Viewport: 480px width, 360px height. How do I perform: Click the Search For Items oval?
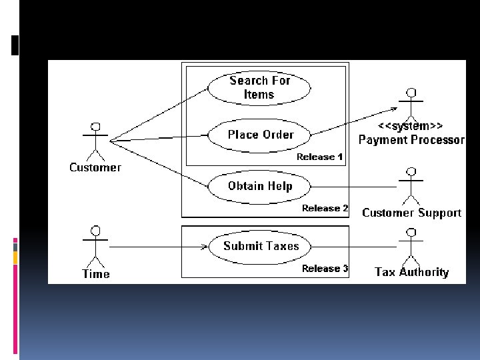tap(259, 87)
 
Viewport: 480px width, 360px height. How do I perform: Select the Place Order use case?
tap(260, 135)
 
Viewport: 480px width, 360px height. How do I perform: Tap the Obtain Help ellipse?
tap(260, 186)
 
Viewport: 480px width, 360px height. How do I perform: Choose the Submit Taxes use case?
tap(261, 246)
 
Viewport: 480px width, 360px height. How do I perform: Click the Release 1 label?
tap(320, 157)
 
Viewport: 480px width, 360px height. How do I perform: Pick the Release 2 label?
tap(325, 209)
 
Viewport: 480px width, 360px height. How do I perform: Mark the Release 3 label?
tap(325, 269)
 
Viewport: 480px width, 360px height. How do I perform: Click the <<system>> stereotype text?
tap(411, 126)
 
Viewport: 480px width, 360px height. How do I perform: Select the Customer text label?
tap(95, 167)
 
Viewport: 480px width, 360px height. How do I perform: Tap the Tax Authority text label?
tap(411, 272)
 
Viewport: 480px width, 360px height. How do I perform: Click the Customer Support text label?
tap(411, 213)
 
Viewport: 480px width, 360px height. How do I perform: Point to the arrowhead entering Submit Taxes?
tap(203, 247)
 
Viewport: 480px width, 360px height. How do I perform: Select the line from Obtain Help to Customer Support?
tap(353, 186)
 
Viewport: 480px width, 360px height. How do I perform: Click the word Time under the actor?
tap(95, 273)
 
